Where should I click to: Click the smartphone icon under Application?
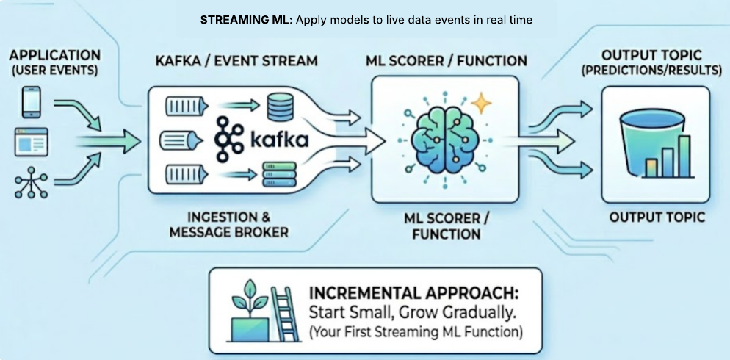pos(31,102)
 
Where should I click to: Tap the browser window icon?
pos(31,141)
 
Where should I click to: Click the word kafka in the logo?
pos(276,140)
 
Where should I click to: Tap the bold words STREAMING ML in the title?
pos(246,21)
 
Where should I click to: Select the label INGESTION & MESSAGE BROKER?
pos(229,225)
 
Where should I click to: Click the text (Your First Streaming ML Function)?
pos(416,331)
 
